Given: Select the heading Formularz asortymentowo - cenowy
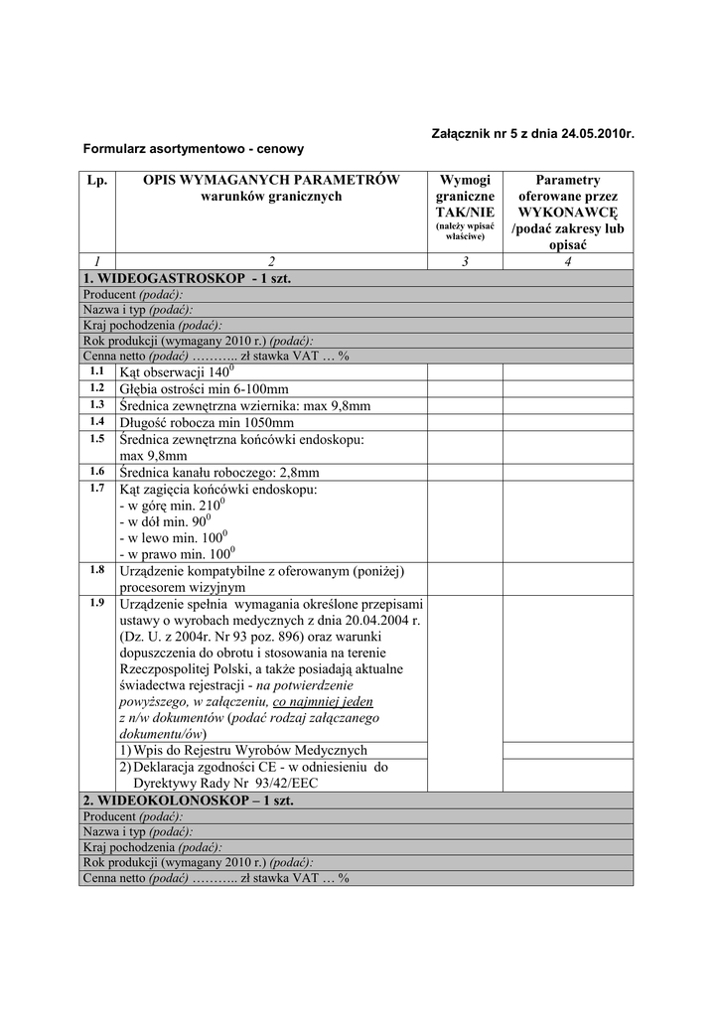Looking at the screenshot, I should tap(194, 148).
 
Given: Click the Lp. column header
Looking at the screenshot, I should tap(96, 180).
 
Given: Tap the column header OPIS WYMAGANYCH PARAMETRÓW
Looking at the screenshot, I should tap(271, 180).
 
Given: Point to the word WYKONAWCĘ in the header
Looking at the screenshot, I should tap(567, 213).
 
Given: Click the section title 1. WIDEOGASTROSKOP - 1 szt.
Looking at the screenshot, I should tap(187, 279).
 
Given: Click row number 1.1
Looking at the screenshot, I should tap(96, 370).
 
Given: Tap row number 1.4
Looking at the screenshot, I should tap(96, 421).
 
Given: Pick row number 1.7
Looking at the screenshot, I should tap(96, 488).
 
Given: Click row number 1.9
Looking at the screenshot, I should tap(96, 602).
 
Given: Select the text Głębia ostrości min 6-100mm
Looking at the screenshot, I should tap(204, 388).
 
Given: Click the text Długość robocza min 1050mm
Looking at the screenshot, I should tap(207, 422).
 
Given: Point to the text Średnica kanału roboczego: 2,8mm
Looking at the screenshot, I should tap(218, 472).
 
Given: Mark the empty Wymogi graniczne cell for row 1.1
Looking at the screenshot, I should tap(465, 371).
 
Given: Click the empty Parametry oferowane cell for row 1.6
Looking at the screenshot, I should tap(567, 472).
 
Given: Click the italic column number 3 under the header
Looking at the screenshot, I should tap(465, 260).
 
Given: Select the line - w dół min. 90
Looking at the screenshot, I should tap(168, 520).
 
